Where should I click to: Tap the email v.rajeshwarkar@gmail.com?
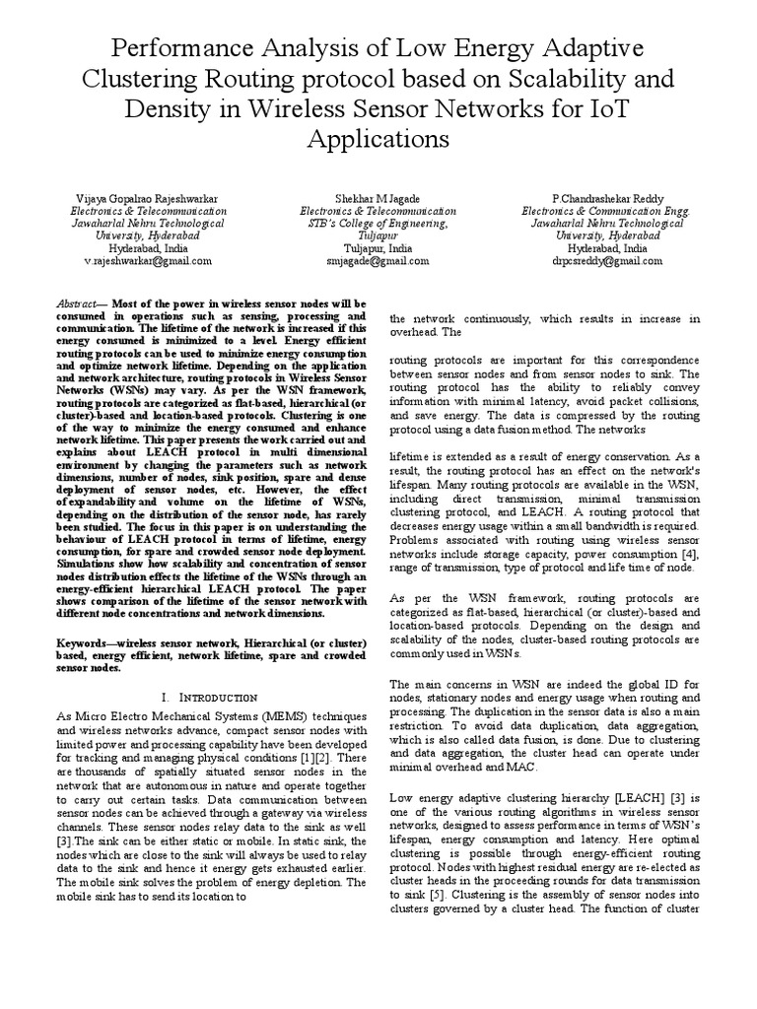click(x=148, y=262)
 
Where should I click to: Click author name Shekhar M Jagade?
click(x=378, y=198)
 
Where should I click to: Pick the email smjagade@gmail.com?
click(x=378, y=262)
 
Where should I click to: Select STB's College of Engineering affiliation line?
click(x=378, y=224)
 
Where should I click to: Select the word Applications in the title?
click(x=378, y=137)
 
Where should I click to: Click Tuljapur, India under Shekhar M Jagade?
click(x=378, y=249)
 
